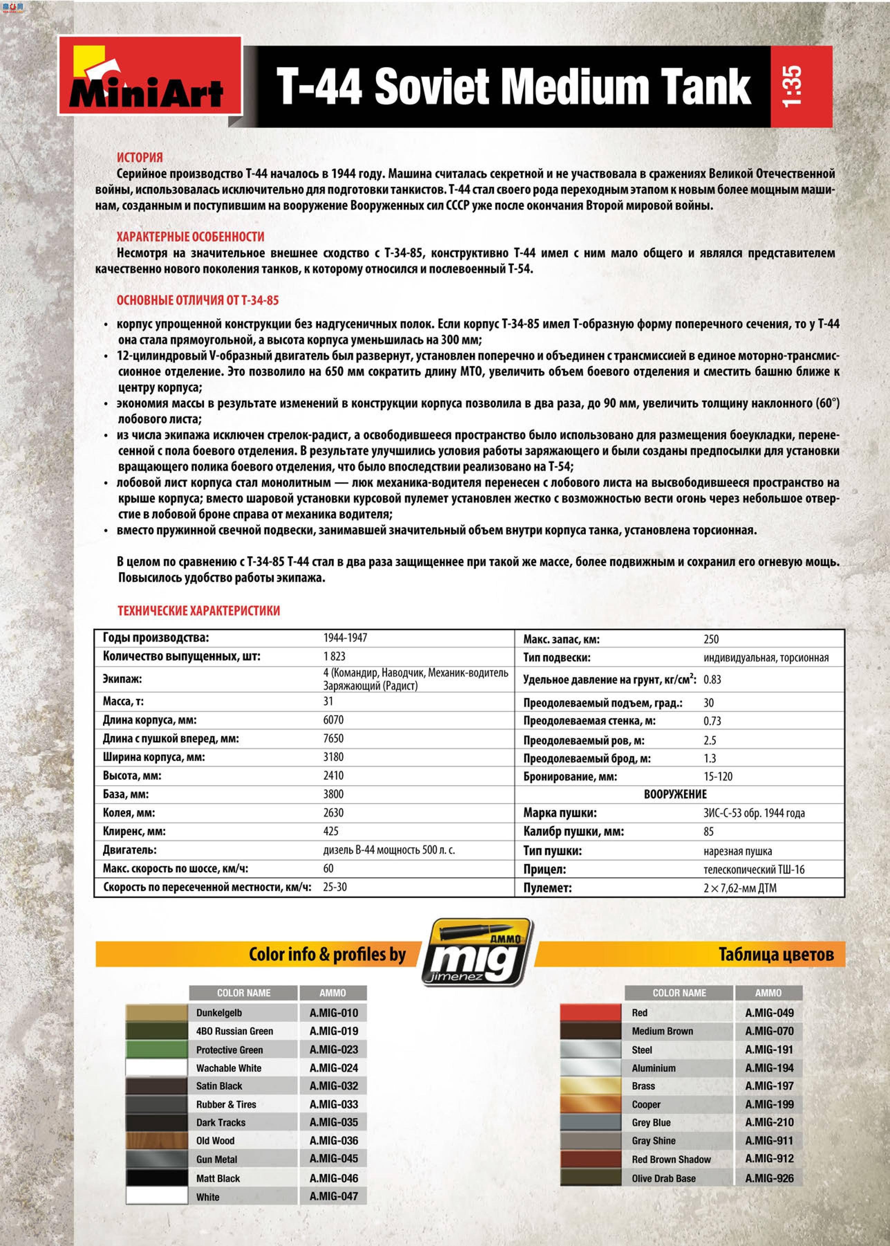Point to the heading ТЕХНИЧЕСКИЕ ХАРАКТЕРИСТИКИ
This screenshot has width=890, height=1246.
click(x=198, y=611)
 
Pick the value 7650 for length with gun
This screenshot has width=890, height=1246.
click(x=333, y=739)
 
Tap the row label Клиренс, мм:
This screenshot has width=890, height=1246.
click(x=134, y=831)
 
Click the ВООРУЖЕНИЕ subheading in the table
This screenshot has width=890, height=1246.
click(x=675, y=794)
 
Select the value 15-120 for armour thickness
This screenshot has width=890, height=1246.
click(x=718, y=777)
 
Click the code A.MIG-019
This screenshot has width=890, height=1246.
click(x=334, y=1031)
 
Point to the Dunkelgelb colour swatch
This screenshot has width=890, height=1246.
click(x=156, y=1013)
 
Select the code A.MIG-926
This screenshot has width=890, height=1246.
click(x=769, y=1178)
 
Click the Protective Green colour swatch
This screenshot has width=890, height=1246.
click(x=156, y=1050)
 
